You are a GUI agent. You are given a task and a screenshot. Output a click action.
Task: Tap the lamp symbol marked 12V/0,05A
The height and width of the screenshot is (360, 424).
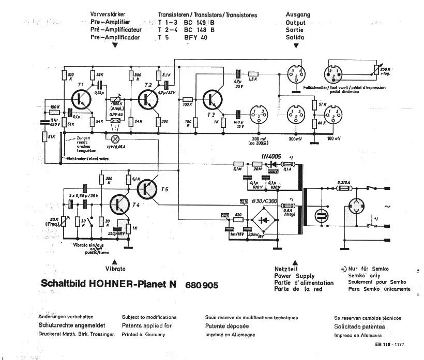[116, 138]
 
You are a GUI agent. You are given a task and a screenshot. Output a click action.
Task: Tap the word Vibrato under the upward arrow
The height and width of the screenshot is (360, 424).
[115, 269]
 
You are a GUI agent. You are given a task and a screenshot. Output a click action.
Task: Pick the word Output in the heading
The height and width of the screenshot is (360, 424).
[296, 22]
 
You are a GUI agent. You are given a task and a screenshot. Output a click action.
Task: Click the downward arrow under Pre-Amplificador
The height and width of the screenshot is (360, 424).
[115, 45]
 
